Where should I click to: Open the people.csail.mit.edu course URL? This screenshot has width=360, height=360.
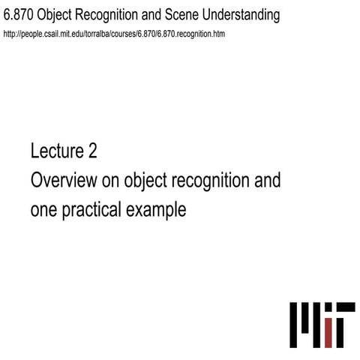click(x=114, y=34)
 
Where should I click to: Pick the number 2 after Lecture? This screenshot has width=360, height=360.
click(x=92, y=151)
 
